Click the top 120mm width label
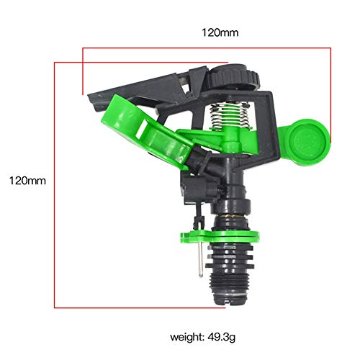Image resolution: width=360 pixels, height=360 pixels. tap(220, 33)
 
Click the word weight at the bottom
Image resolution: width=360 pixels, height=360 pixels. tap(185, 336)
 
